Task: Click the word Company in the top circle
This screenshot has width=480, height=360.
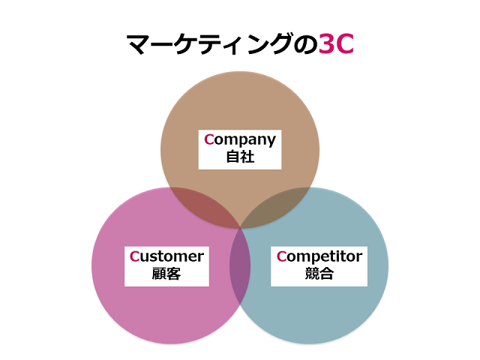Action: coord(240,139)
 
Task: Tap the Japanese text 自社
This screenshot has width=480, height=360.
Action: coord(240,157)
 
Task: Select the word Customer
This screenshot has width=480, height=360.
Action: coord(166,256)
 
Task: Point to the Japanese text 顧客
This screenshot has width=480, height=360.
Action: coord(166,274)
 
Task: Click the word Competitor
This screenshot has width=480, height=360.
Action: coord(319,256)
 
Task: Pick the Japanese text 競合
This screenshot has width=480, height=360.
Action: coord(319,274)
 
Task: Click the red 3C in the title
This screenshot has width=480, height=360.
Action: coord(335,44)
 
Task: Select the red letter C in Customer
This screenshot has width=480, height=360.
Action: coord(134,256)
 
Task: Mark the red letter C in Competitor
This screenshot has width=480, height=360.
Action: coord(281,256)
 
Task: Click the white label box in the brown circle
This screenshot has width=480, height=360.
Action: coord(240,148)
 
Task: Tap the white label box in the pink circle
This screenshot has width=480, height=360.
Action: coord(166,265)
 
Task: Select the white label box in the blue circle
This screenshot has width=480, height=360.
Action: coord(319,265)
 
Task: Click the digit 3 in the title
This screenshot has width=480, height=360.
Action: coord(325,44)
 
